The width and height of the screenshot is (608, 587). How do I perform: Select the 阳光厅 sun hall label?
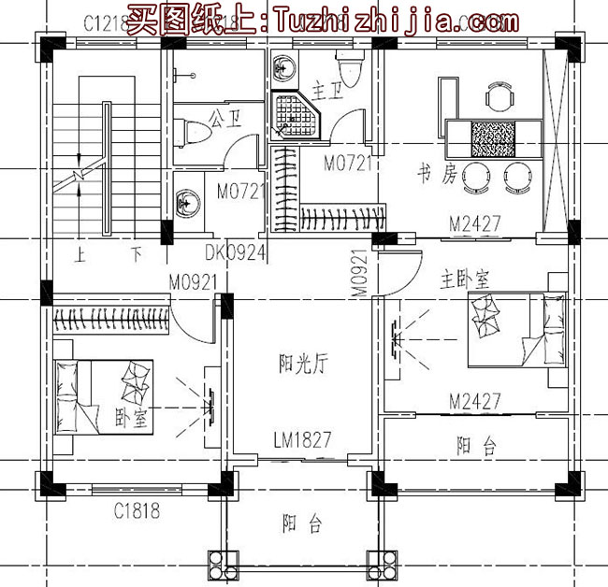click(300, 362)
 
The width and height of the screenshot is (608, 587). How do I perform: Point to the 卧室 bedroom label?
click(130, 420)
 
